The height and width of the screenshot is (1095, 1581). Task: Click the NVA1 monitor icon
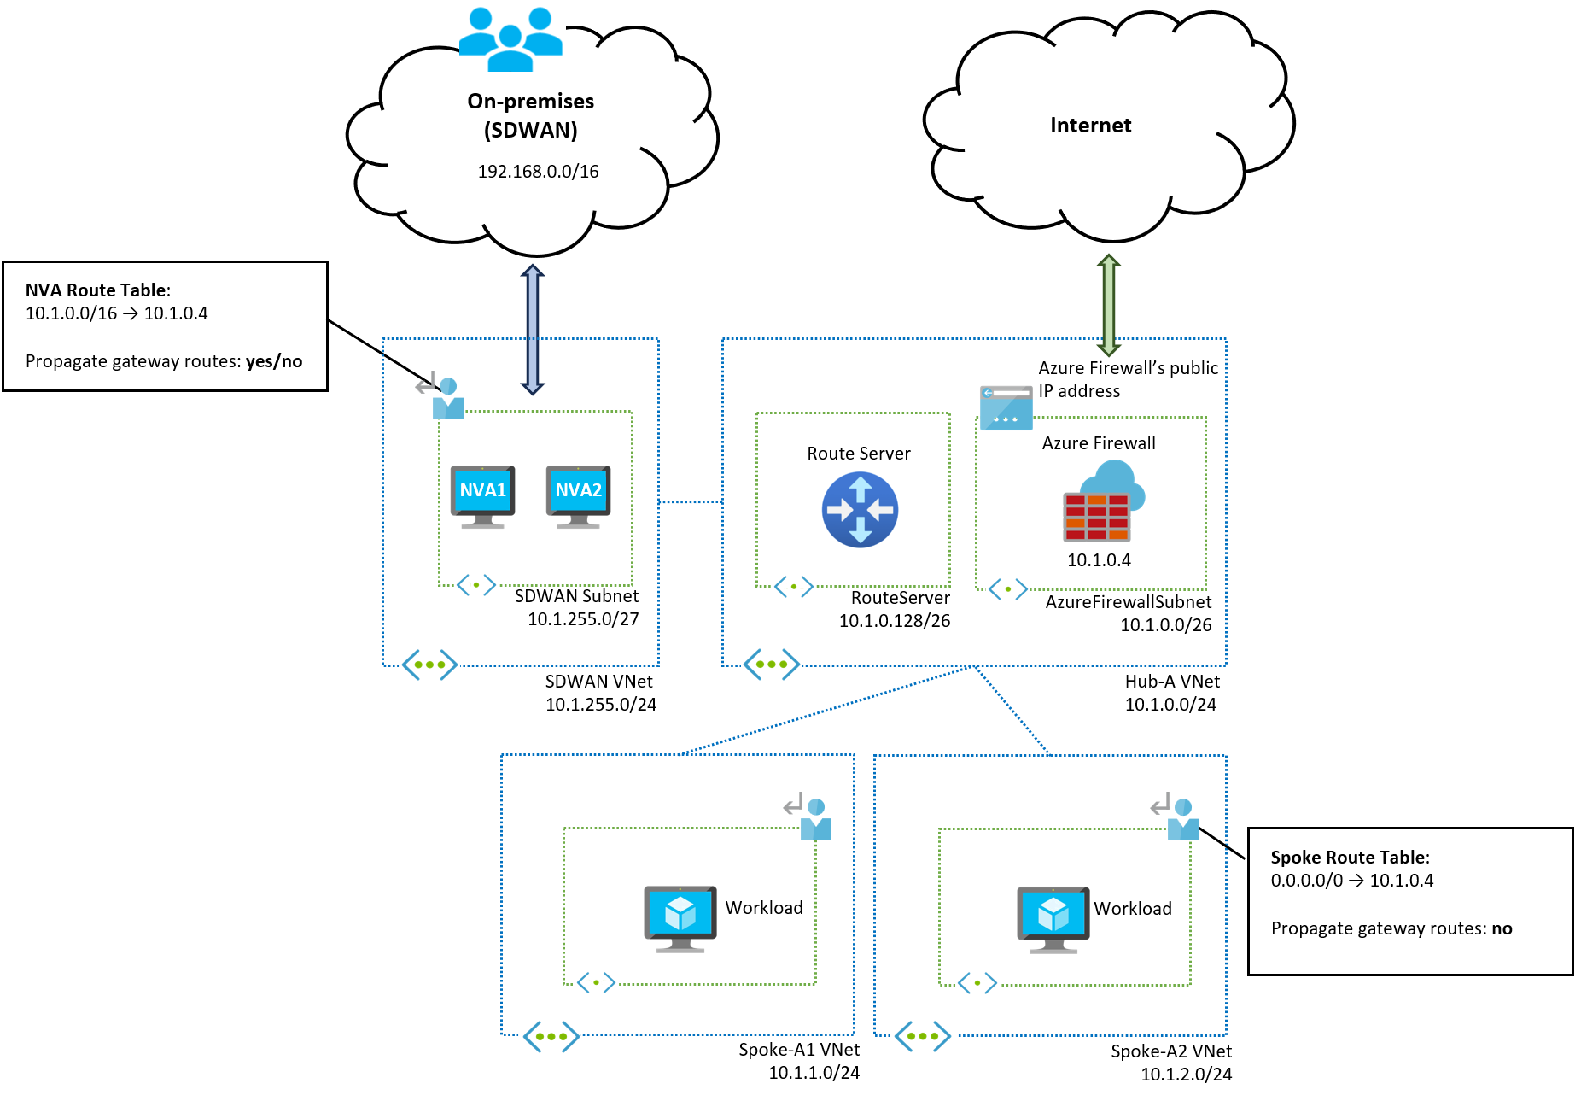tap(482, 495)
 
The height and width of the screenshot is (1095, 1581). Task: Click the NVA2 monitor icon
tap(578, 495)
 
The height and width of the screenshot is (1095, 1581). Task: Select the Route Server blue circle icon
tap(860, 510)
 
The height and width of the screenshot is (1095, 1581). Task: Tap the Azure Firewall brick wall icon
tap(1097, 516)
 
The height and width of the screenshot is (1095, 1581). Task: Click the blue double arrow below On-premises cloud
tap(533, 330)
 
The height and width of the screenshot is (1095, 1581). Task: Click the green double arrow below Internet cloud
tap(1108, 304)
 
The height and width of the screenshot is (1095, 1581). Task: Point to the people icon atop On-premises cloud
tap(510, 39)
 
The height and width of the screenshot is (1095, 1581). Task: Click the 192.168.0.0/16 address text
tap(538, 172)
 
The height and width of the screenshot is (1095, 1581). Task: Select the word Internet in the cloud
tap(1090, 126)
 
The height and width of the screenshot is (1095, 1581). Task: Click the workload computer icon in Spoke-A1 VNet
tap(680, 918)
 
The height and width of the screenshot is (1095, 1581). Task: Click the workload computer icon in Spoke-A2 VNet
tap(1053, 919)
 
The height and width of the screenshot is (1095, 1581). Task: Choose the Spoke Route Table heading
tap(1350, 858)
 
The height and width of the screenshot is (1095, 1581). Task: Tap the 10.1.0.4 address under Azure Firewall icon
tap(1099, 560)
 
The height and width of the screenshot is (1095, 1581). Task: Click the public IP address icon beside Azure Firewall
tap(1006, 407)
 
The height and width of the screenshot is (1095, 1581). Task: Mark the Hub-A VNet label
tap(1172, 682)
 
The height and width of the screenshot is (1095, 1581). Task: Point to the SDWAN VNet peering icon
tap(429, 665)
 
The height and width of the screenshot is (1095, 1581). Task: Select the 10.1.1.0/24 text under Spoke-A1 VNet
tap(814, 1073)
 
